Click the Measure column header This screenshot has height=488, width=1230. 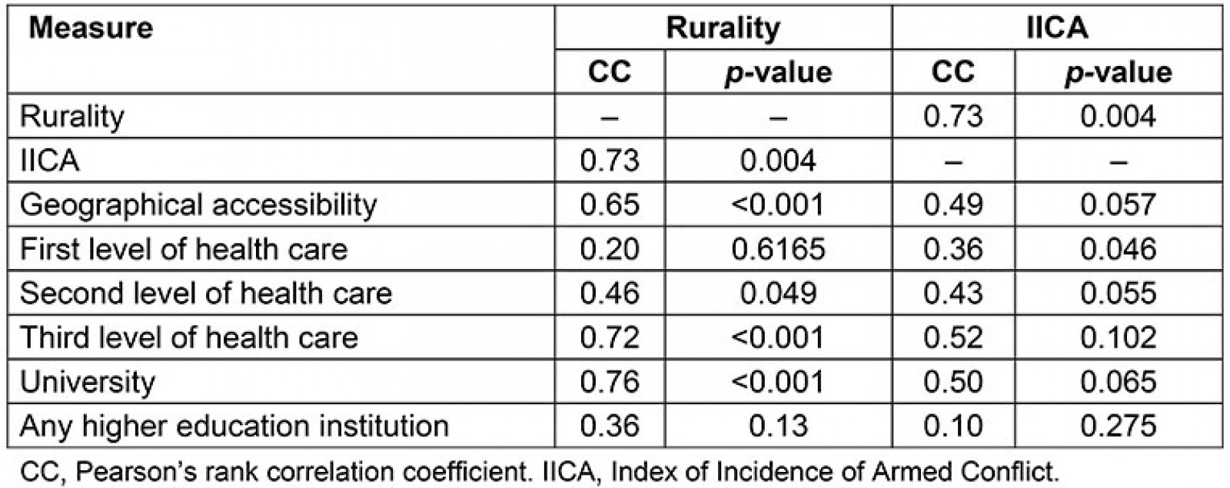pos(91,28)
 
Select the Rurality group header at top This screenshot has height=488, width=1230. pos(723,28)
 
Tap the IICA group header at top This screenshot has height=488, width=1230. pos(1056,28)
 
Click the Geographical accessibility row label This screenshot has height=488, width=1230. pos(198,205)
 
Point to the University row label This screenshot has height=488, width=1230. pos(88,382)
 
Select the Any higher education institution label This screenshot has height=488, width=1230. pos(234,426)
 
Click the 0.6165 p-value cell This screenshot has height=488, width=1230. pos(778,249)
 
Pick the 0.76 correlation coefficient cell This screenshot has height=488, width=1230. pos(610,382)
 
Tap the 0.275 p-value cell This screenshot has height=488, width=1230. pos(1119,426)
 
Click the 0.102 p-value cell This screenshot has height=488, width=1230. pos(1119,337)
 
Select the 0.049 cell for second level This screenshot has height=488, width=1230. pos(778,294)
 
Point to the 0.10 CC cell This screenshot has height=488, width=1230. pos(953,426)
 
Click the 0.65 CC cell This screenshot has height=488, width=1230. pos(610,205)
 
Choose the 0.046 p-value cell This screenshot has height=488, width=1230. pos(1119,249)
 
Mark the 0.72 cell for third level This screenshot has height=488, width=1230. pos(610,337)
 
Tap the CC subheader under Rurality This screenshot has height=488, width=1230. pos(610,72)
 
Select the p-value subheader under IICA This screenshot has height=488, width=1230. pos(1119,72)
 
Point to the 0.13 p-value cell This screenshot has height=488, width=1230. pos(778,426)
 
